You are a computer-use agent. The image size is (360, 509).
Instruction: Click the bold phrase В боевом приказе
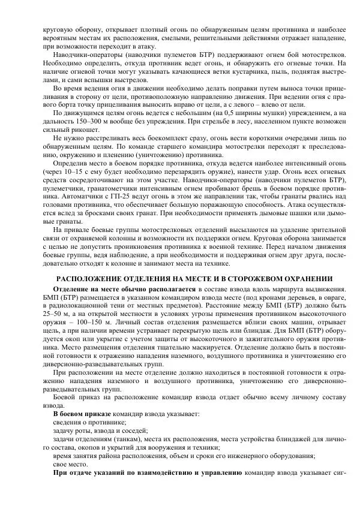point(82,414)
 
